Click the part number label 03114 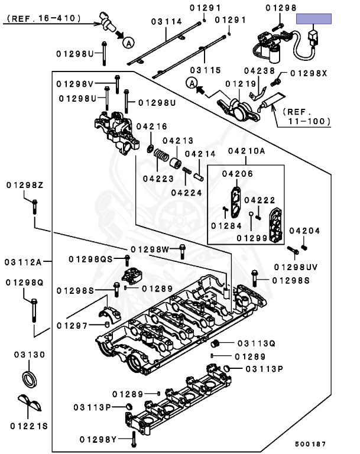pyautogui.click(x=167, y=21)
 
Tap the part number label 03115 pyautogui.click(x=205, y=70)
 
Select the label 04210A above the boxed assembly pyautogui.click(x=246, y=151)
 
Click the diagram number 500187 pyautogui.click(x=310, y=444)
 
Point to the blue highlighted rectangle pyautogui.click(x=314, y=19)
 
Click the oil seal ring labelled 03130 pyautogui.click(x=30, y=379)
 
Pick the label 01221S pyautogui.click(x=29, y=426)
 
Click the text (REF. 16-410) pyautogui.click(x=43, y=18)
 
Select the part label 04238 pyautogui.click(x=259, y=71)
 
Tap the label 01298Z pyautogui.click(x=25, y=185)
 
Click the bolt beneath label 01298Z pyautogui.click(x=34, y=207)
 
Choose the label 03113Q pyautogui.click(x=257, y=343)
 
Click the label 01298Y pyautogui.click(x=98, y=440)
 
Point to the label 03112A pyautogui.click(x=23, y=262)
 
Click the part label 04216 pyautogui.click(x=152, y=127)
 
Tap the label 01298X pyautogui.click(x=309, y=73)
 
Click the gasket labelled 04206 pyautogui.click(x=236, y=202)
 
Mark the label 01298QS pyautogui.click(x=90, y=259)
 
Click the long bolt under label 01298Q pyautogui.click(x=34, y=310)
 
